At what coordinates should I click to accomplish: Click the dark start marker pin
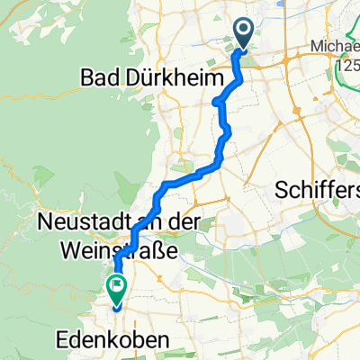tap(244, 35)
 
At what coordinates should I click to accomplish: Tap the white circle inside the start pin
tap(244, 31)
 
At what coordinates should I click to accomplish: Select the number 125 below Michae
tap(344, 66)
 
